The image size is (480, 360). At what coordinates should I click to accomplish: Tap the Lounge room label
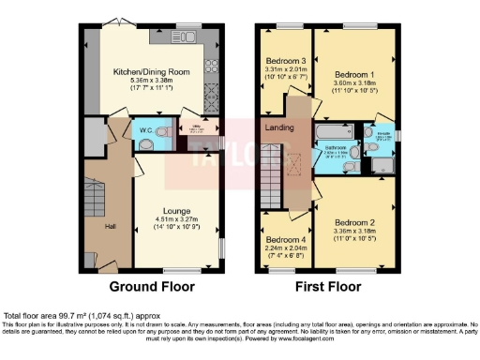pos(177,212)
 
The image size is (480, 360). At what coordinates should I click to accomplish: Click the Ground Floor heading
pos(152,287)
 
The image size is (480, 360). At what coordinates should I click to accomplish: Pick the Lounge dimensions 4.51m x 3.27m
pos(177,221)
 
